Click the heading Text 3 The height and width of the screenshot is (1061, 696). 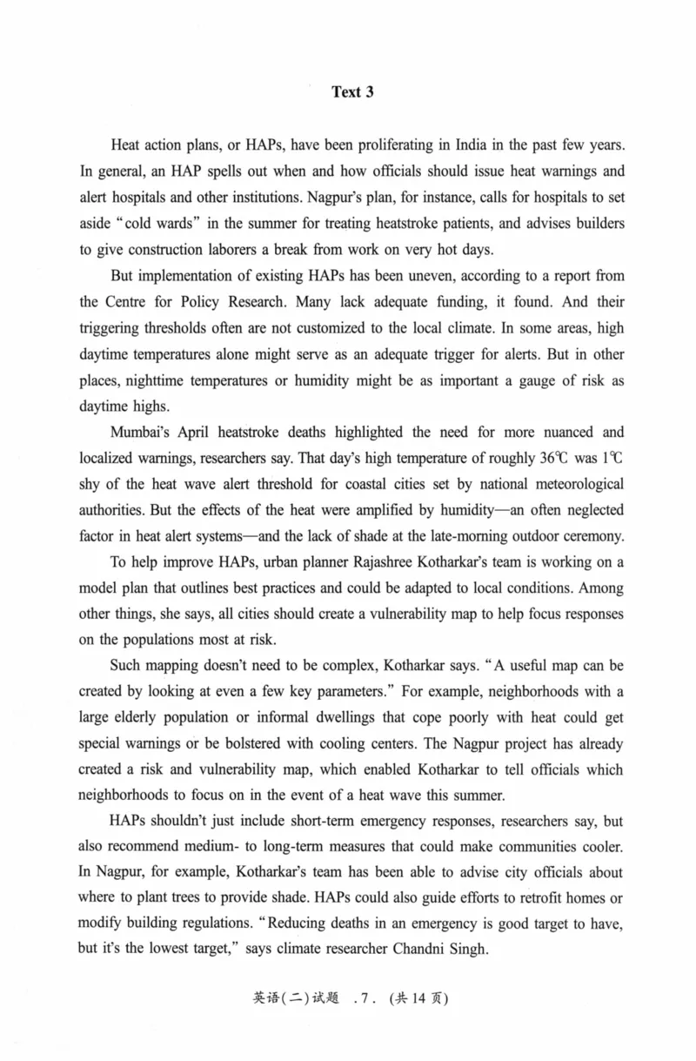[x=351, y=92]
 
